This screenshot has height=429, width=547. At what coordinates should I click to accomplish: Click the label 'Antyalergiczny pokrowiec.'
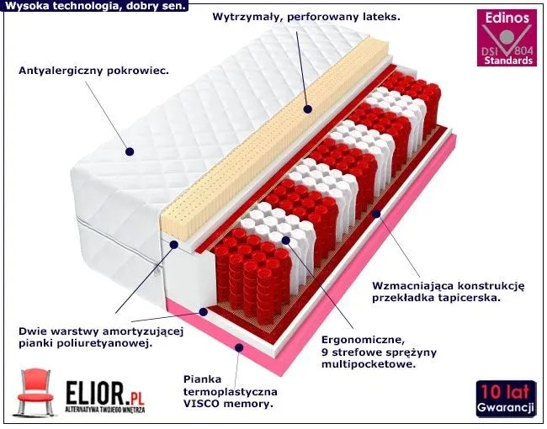tap(93, 70)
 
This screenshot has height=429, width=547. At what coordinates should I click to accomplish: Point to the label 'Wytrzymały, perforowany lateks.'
tap(306, 16)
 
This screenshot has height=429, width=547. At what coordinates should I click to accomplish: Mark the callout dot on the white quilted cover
tap(130, 152)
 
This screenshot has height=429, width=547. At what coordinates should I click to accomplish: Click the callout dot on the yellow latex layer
tap(306, 108)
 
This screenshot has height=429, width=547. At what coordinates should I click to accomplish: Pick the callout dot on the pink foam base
tap(239, 347)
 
